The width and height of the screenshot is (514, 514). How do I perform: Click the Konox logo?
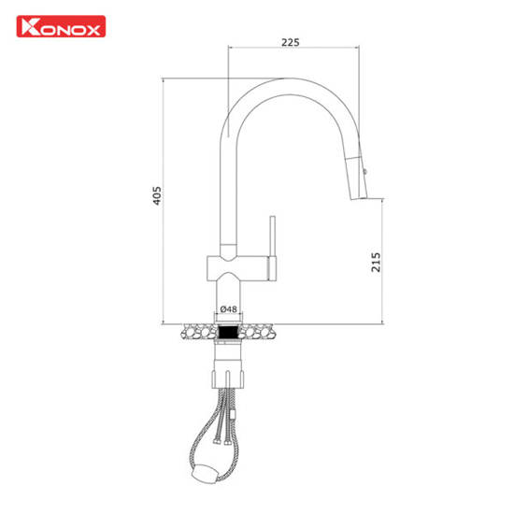click(61, 26)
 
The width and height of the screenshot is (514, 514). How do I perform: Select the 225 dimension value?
click(291, 42)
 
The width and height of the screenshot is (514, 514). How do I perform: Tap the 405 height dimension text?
click(157, 195)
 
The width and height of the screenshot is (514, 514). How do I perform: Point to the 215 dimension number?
click(376, 262)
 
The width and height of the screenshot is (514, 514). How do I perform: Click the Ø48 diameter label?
click(229, 308)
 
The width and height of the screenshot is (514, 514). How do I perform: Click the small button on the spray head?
click(365, 171)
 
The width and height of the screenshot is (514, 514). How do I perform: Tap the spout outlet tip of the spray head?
click(359, 199)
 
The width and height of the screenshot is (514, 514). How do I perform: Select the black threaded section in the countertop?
click(228, 332)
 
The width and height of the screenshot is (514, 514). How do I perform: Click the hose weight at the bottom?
click(205, 473)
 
